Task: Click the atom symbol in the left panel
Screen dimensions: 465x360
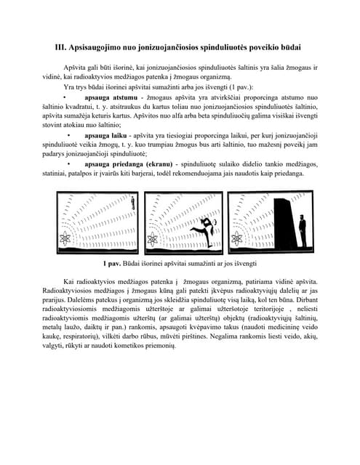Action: coord(65,237)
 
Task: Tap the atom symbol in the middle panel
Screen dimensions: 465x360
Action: coord(153,238)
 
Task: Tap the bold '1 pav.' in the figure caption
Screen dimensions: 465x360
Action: coord(114,263)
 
